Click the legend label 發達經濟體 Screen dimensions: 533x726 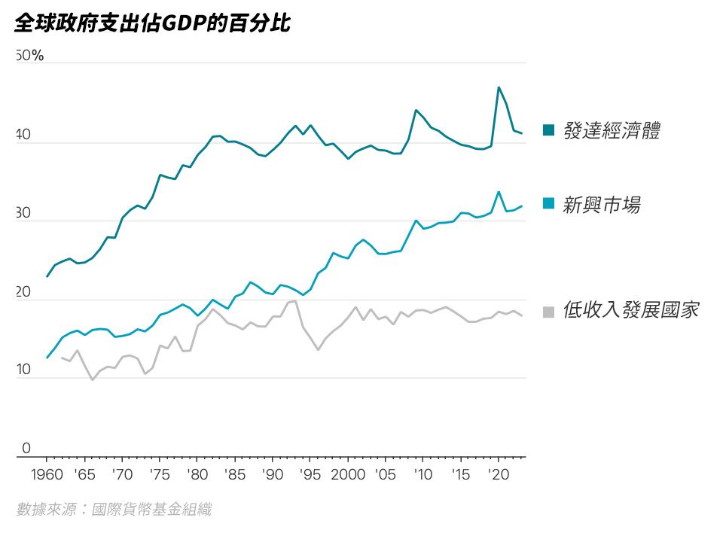[612, 131]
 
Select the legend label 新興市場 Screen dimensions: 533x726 [602, 204]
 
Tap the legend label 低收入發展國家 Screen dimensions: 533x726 [630, 309]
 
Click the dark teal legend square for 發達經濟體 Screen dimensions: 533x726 [549, 131]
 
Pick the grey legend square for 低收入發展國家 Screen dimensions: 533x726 [549, 310]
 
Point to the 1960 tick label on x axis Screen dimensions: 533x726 [47, 475]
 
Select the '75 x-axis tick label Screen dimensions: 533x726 [159, 475]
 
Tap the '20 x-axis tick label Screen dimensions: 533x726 [497, 475]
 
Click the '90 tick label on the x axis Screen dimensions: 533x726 [272, 475]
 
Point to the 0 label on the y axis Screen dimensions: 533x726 [26, 449]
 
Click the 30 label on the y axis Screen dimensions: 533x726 [23, 214]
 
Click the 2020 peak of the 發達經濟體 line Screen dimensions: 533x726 [499, 87]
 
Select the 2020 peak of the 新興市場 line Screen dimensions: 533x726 [499, 191]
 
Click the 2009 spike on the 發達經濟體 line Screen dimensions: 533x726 [416, 110]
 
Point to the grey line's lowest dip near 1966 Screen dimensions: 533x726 [92, 379]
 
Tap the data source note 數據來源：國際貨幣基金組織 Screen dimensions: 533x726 [114, 510]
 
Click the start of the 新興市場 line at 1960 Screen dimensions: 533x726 [47, 358]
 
